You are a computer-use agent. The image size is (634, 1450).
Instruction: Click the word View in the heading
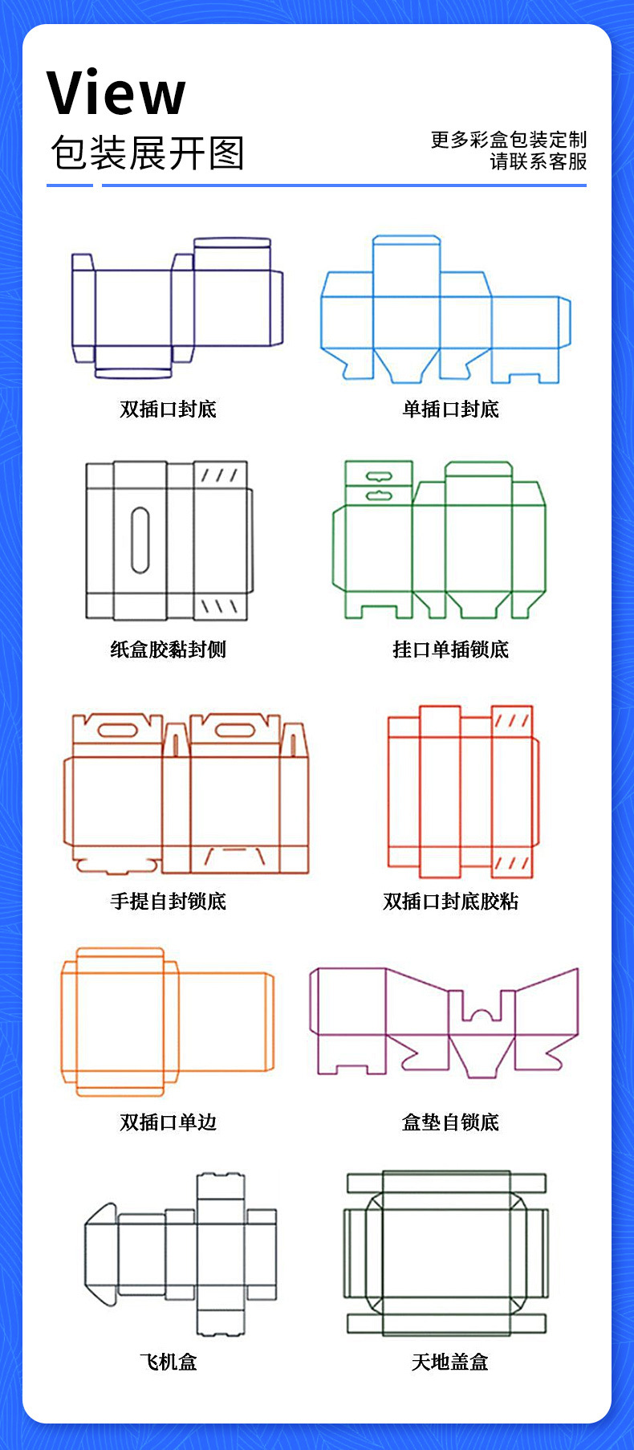116,94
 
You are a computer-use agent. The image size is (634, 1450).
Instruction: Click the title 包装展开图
147,153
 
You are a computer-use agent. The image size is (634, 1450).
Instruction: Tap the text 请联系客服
538,161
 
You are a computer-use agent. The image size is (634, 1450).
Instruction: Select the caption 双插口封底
169,409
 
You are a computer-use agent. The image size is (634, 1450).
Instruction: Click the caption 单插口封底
450,409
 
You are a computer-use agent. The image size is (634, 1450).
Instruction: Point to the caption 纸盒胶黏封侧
169,650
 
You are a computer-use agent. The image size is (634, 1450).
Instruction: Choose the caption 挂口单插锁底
450,650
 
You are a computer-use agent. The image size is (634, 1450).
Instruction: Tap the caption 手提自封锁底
169,902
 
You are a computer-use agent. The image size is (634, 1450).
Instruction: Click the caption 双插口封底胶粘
450,902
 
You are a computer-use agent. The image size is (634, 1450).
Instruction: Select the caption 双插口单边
169,1122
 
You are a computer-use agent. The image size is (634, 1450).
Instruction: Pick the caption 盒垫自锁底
450,1122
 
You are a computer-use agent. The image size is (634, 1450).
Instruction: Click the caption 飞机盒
169,1362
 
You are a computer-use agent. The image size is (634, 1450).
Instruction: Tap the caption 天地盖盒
450,1362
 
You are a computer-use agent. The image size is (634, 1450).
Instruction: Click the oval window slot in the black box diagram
140,540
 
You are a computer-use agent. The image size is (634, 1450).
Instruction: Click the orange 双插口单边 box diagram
168,1021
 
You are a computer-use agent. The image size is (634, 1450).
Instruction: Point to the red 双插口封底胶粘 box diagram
462,791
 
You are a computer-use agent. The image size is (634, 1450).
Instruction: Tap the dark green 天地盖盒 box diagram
446,1252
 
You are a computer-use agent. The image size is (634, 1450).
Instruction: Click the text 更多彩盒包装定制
509,140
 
